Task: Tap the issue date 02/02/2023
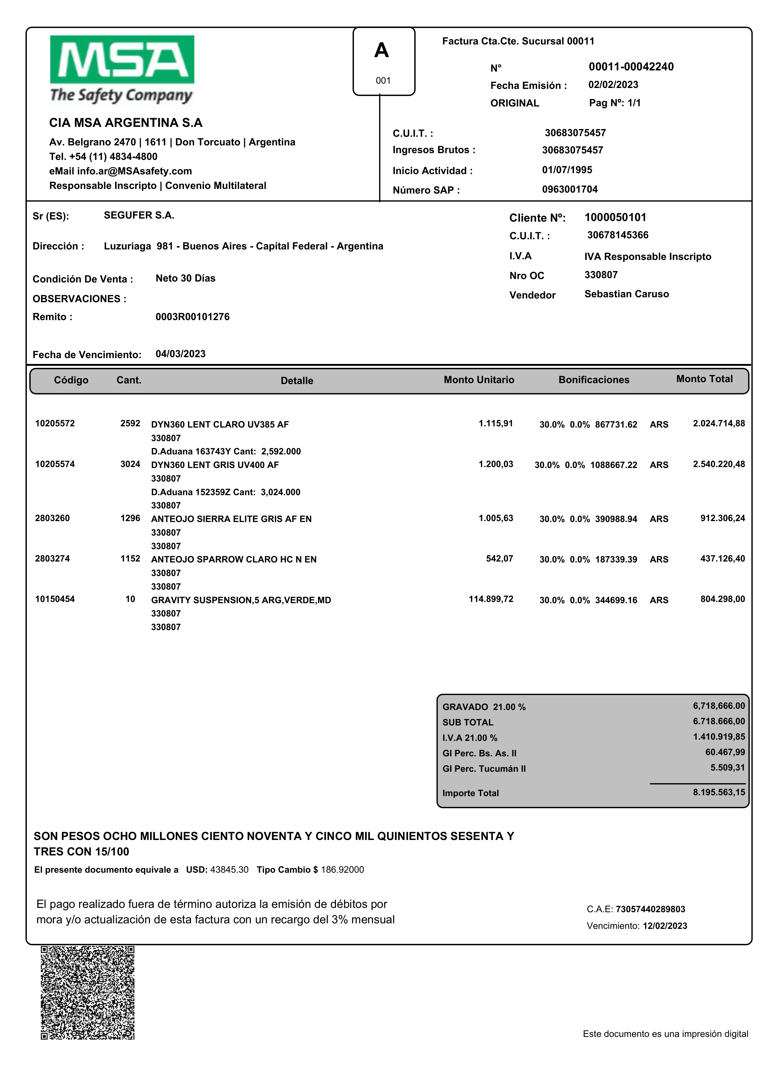(x=613, y=85)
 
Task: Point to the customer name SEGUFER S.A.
(x=139, y=215)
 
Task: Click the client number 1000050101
(x=615, y=217)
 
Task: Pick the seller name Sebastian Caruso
(x=626, y=294)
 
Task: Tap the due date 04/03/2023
(x=180, y=354)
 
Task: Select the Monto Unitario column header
(x=479, y=380)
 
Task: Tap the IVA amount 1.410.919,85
(x=718, y=737)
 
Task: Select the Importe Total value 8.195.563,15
(x=718, y=792)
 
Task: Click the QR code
(x=88, y=992)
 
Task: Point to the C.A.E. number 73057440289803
(x=650, y=909)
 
